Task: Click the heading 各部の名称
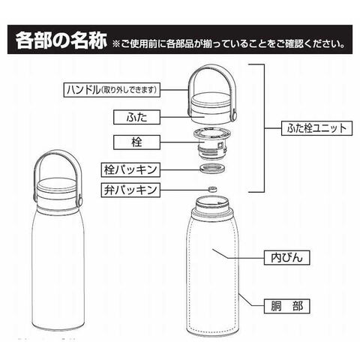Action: [61, 40]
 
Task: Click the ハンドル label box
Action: [112, 90]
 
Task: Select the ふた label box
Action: [136, 117]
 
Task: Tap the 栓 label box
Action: [136, 142]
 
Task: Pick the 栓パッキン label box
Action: [130, 170]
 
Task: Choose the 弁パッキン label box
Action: [130, 190]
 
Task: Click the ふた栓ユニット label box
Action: [316, 128]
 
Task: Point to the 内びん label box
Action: [287, 257]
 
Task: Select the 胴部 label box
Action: [287, 306]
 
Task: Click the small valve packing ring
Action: [212, 189]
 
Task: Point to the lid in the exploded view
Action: [211, 109]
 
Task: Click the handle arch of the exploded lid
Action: [211, 66]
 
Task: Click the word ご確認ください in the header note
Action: [310, 44]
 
